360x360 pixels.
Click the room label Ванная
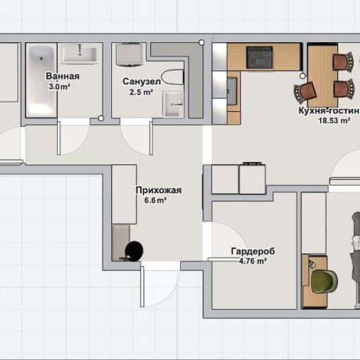[x=63, y=77]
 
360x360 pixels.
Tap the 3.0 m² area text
[x=59, y=87]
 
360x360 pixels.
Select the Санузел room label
[x=142, y=81]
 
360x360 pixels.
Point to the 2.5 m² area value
[x=141, y=92]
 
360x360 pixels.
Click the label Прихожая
[x=159, y=190]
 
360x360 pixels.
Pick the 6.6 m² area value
[x=156, y=200]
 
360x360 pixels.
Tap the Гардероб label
[x=253, y=251]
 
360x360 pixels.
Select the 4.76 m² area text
[x=253, y=261]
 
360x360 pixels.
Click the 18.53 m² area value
[x=334, y=121]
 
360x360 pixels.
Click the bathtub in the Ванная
[x=41, y=81]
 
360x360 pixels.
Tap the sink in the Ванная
[x=80, y=54]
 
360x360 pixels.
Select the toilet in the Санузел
[x=172, y=77]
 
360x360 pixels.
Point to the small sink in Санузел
[x=172, y=104]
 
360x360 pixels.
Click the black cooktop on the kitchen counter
[x=260, y=57]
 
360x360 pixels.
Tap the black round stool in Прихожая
[x=134, y=250]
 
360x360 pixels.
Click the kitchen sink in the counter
[x=232, y=91]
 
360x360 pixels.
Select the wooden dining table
[x=322, y=75]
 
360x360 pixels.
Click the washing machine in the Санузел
[x=130, y=55]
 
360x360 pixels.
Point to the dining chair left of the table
[x=305, y=92]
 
